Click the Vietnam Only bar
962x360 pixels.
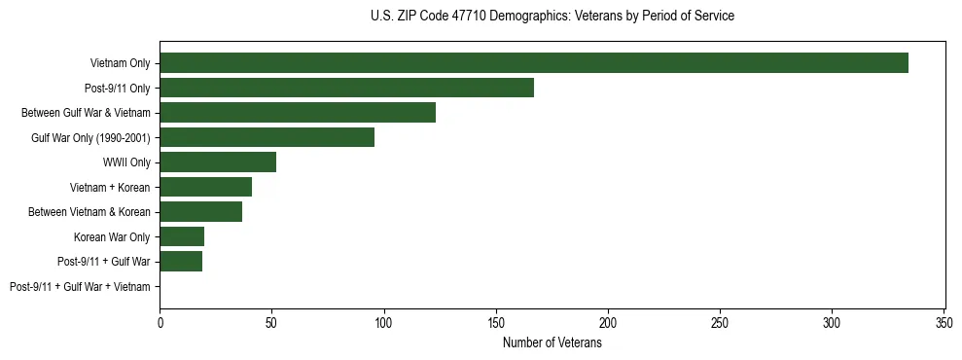[x=534, y=63]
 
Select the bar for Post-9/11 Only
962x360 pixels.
[x=346, y=88]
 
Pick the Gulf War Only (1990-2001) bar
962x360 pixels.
[x=267, y=137]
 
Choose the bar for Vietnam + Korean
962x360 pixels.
[x=205, y=187]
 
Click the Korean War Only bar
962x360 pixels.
[x=182, y=236]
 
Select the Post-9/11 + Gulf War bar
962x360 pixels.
[x=181, y=262]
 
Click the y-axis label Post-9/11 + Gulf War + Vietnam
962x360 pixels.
[x=80, y=287]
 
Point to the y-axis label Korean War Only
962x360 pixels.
[x=112, y=236]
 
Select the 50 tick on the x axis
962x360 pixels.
[x=272, y=322]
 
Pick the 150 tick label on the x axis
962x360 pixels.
[x=496, y=322]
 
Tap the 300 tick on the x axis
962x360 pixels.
[x=833, y=322]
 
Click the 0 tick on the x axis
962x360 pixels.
[x=160, y=322]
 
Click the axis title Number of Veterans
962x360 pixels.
[x=552, y=342]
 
